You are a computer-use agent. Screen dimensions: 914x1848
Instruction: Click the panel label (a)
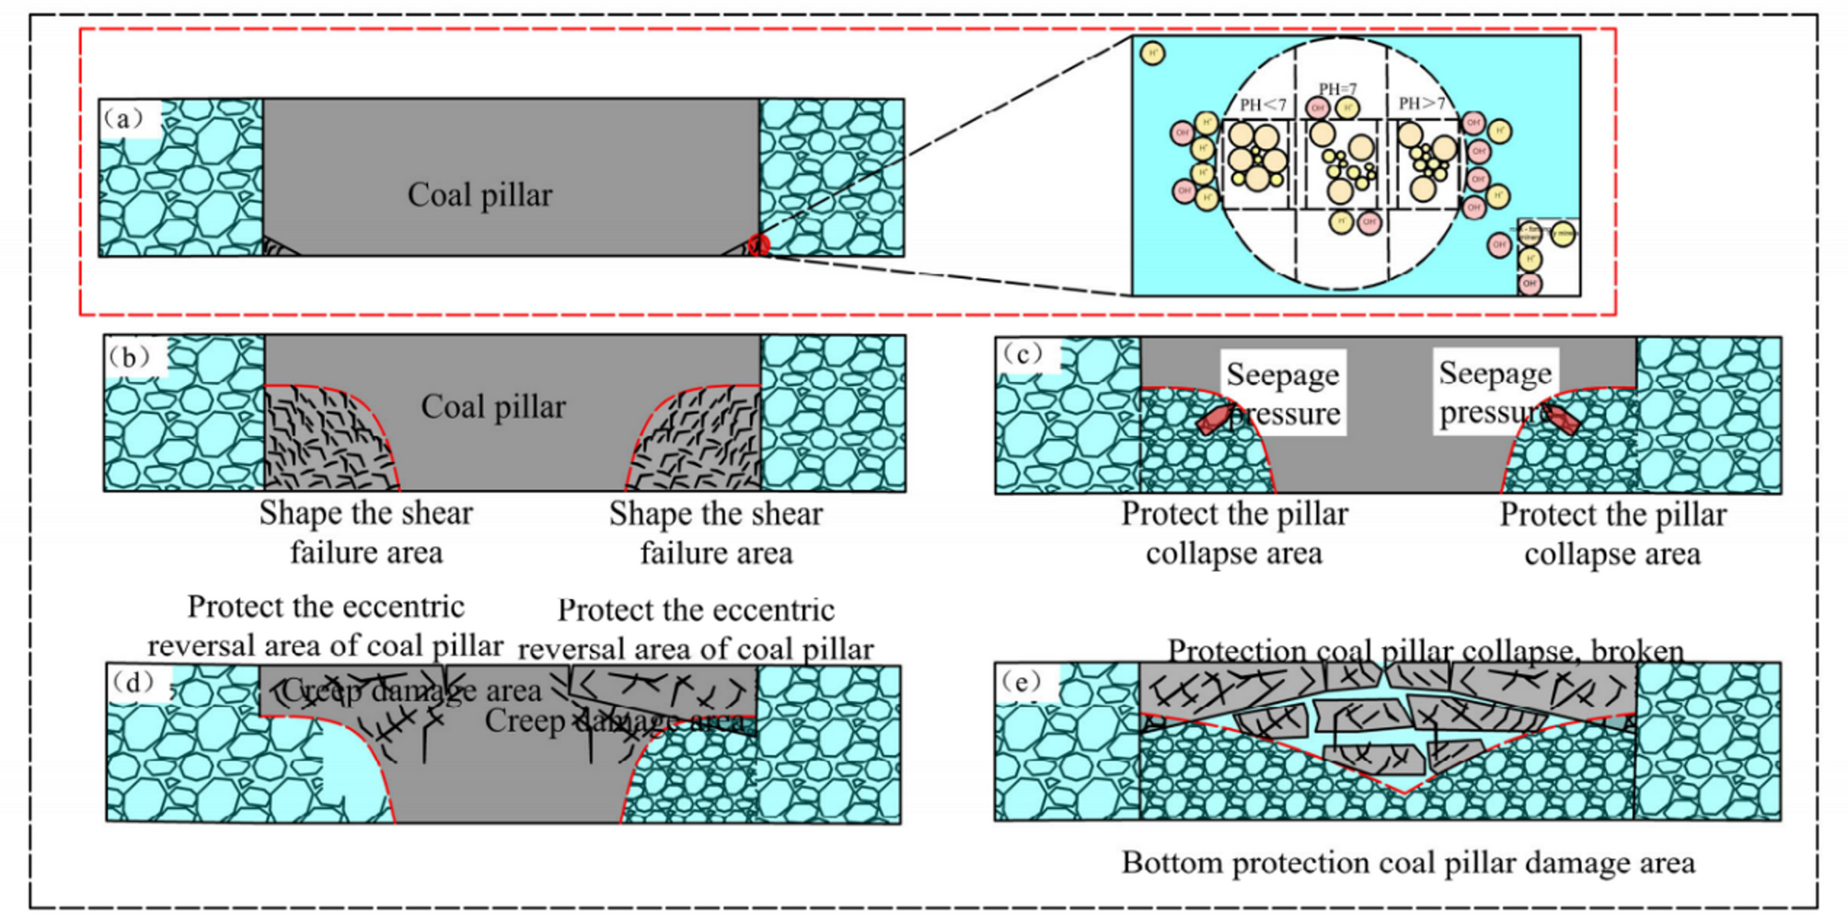(123, 119)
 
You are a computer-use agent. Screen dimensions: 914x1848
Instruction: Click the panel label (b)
(129, 357)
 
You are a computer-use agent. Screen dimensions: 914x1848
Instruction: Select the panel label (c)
(1022, 354)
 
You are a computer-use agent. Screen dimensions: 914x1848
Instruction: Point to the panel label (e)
(1022, 682)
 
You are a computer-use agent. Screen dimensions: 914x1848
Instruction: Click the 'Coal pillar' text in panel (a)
(479, 195)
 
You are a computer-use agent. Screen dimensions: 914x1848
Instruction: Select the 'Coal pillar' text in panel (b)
(493, 407)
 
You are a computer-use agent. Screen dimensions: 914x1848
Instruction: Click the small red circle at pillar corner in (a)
(757, 245)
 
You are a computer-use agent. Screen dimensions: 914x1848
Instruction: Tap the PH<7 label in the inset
(1263, 105)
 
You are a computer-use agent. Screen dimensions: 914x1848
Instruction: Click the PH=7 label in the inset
(1337, 89)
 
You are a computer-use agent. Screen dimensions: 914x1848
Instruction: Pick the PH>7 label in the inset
(1422, 104)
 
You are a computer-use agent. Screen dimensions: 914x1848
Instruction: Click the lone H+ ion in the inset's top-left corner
(1152, 53)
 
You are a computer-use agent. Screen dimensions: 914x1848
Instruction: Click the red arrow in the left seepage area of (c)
(1215, 419)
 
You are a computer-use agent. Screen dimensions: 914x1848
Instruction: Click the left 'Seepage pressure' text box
(1283, 393)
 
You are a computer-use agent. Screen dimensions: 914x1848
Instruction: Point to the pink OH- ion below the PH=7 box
(1369, 222)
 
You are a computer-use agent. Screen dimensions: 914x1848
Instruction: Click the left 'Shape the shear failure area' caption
(365, 532)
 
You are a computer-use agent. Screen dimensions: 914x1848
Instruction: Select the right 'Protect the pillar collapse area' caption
(1612, 534)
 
